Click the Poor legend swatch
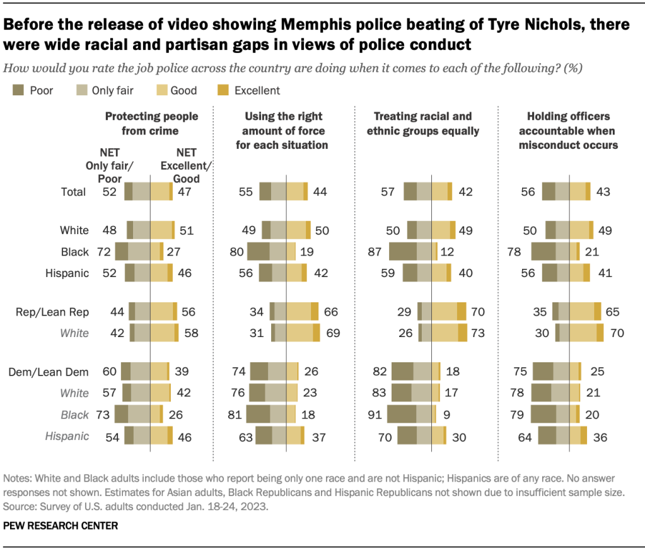(18, 90)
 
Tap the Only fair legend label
(112, 90)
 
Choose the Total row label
(73, 191)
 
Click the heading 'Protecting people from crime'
(151, 124)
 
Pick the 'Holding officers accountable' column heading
(570, 131)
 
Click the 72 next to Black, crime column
(102, 252)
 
